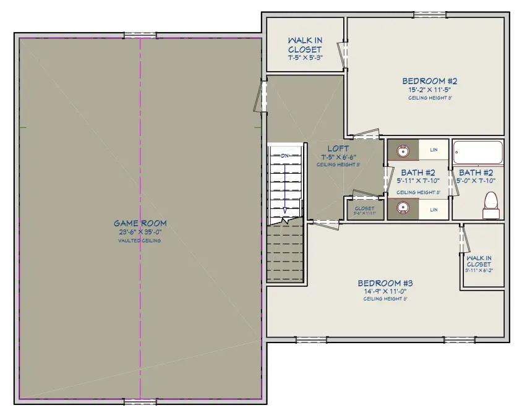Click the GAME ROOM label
tap(140, 223)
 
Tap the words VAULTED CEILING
tap(140, 241)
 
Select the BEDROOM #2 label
tap(429, 80)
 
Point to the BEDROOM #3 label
tap(385, 283)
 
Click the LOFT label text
tap(338, 148)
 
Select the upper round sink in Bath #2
tap(403, 150)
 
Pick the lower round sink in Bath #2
tap(403, 210)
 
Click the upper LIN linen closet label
tap(434, 150)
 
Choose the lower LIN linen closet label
tap(434, 210)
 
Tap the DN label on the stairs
tap(285, 155)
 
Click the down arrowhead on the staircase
tap(285, 211)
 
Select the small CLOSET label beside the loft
tap(364, 208)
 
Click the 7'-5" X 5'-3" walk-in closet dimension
tap(304, 57)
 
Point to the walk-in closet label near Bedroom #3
tap(479, 261)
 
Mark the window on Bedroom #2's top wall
tap(427, 14)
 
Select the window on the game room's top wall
tap(140, 34)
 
